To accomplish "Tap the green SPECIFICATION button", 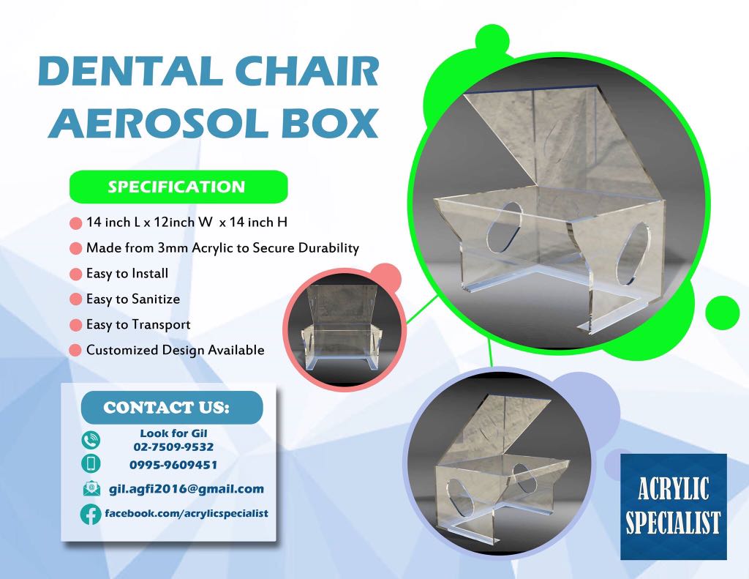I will (177, 187).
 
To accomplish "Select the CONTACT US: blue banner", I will (171, 408).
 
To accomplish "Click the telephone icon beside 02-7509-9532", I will (91, 440).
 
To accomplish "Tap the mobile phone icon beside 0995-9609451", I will (91, 464).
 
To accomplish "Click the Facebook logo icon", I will (91, 514).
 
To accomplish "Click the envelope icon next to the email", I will (91, 489).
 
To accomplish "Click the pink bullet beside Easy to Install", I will (75, 274).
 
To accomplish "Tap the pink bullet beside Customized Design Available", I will (75, 351).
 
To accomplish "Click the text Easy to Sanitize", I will (132, 299).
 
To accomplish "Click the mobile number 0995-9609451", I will (173, 465).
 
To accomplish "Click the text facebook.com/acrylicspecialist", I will (187, 513).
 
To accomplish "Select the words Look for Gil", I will (173, 433).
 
